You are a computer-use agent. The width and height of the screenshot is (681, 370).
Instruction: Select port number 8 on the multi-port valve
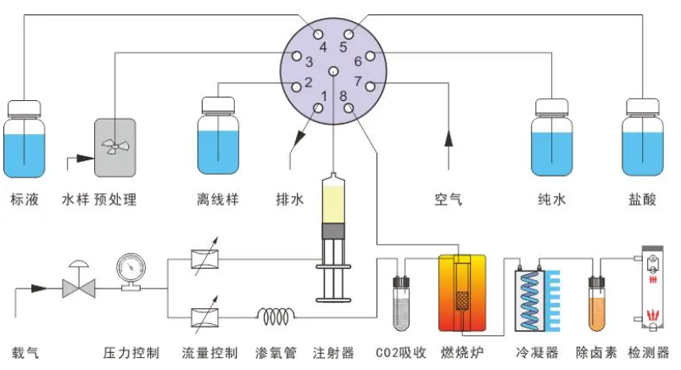click(349, 108)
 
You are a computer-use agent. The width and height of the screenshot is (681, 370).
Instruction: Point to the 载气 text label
click(25, 352)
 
